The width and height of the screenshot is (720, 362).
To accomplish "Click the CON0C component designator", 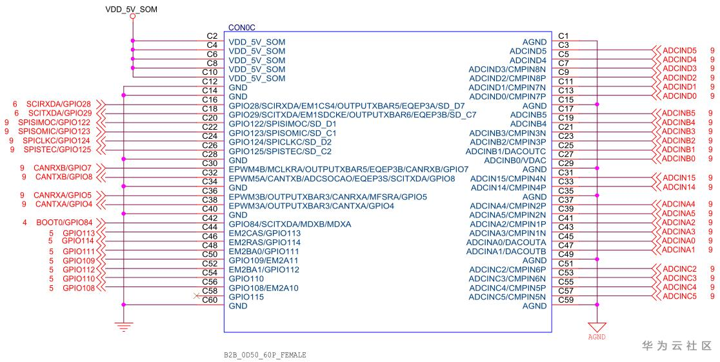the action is pos(241,28).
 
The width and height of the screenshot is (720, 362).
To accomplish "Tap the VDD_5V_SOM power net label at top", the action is pos(132,9).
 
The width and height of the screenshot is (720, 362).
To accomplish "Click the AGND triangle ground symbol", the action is pos(597,327).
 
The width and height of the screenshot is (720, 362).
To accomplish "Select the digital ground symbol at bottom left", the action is pos(123,327).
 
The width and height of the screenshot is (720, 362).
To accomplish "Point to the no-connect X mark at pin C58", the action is pos(197,296).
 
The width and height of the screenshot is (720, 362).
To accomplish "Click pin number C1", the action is pos(563,36).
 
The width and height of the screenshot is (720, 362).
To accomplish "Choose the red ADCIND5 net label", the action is pos(679,50).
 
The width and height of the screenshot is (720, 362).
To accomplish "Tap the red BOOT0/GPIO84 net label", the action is pos(65,223).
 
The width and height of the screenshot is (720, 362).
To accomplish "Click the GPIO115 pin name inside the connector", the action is pos(246,297).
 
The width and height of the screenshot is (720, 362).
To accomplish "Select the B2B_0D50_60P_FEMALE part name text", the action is pos(265,355).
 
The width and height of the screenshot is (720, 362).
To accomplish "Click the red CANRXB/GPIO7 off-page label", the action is pos(63,168).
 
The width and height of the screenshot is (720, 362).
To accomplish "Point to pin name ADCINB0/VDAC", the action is pos(515,160).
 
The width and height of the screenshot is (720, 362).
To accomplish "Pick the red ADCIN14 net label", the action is pos(679,187).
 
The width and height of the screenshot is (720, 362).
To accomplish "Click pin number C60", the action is pos(210,300).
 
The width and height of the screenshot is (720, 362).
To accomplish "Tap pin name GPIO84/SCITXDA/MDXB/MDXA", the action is pos(290,224).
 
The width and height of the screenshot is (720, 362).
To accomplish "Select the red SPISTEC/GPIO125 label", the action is pos(57,150).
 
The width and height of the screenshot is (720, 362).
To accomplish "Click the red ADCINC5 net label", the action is pos(679,296).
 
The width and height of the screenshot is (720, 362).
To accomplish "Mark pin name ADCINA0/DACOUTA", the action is pos(506,243).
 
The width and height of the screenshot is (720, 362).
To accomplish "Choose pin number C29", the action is pos(566,163).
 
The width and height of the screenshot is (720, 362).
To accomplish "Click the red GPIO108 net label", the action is pos(79,288).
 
